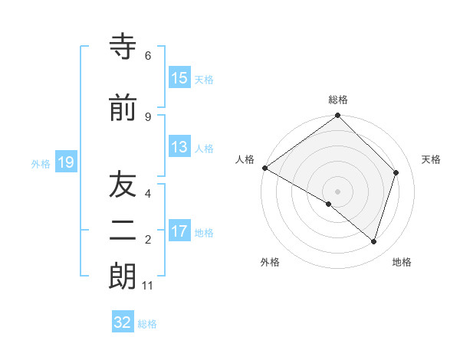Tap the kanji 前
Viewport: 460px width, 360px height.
tap(122, 109)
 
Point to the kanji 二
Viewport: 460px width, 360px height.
tap(122, 233)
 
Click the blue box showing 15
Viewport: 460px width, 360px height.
tap(179, 78)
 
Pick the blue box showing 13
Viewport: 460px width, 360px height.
tap(179, 147)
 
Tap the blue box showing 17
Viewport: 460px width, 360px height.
tap(179, 231)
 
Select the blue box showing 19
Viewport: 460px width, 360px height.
tap(65, 162)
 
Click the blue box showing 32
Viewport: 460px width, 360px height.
tap(123, 322)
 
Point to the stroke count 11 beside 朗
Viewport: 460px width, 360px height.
tap(148, 286)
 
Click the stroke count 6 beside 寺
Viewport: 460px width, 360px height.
tap(148, 56)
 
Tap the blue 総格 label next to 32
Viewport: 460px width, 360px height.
tap(148, 324)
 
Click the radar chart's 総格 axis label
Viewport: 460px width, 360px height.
tap(338, 100)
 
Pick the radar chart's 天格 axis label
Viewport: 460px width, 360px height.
tap(432, 159)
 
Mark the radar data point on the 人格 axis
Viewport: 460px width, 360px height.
tap(264, 168)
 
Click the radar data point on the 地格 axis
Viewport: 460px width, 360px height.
tap(373, 241)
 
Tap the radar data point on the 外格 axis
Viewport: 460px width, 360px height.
tap(329, 204)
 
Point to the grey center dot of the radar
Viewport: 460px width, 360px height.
tap(338, 191)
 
